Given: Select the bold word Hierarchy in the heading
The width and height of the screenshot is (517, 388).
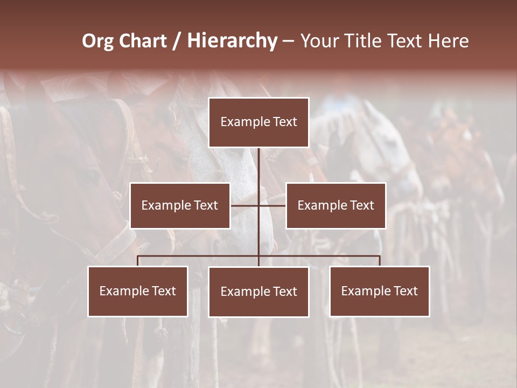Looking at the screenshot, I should click(232, 41).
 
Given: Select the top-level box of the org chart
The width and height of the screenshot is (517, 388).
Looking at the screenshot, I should click(258, 122).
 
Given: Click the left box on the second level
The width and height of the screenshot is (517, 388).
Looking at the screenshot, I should click(180, 205).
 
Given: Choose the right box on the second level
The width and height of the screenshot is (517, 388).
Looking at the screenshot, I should click(336, 205).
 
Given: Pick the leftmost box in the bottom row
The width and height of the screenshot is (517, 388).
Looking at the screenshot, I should click(138, 291).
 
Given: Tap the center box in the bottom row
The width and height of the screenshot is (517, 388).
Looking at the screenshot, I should click(258, 292).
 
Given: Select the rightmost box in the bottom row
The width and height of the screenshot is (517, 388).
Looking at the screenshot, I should click(380, 291).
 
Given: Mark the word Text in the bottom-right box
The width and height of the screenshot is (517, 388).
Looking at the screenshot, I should click(406, 291).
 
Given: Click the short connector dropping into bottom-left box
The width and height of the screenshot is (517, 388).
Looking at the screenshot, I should click(138, 261).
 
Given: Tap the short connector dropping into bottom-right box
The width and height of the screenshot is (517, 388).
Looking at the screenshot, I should click(380, 261).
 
